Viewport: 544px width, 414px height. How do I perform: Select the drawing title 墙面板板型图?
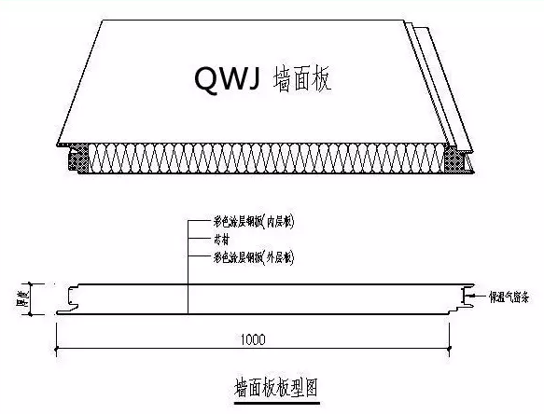tap(276, 385)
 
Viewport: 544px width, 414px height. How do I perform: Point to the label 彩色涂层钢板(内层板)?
tap(247, 225)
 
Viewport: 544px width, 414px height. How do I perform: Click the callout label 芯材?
tap(224, 240)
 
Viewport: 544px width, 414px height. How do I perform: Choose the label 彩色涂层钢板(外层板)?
tap(247, 255)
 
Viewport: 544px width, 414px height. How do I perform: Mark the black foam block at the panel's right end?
tap(461, 160)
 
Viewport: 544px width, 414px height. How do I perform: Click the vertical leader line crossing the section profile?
tap(188, 280)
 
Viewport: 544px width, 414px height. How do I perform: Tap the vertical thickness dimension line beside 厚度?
tap(33, 298)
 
